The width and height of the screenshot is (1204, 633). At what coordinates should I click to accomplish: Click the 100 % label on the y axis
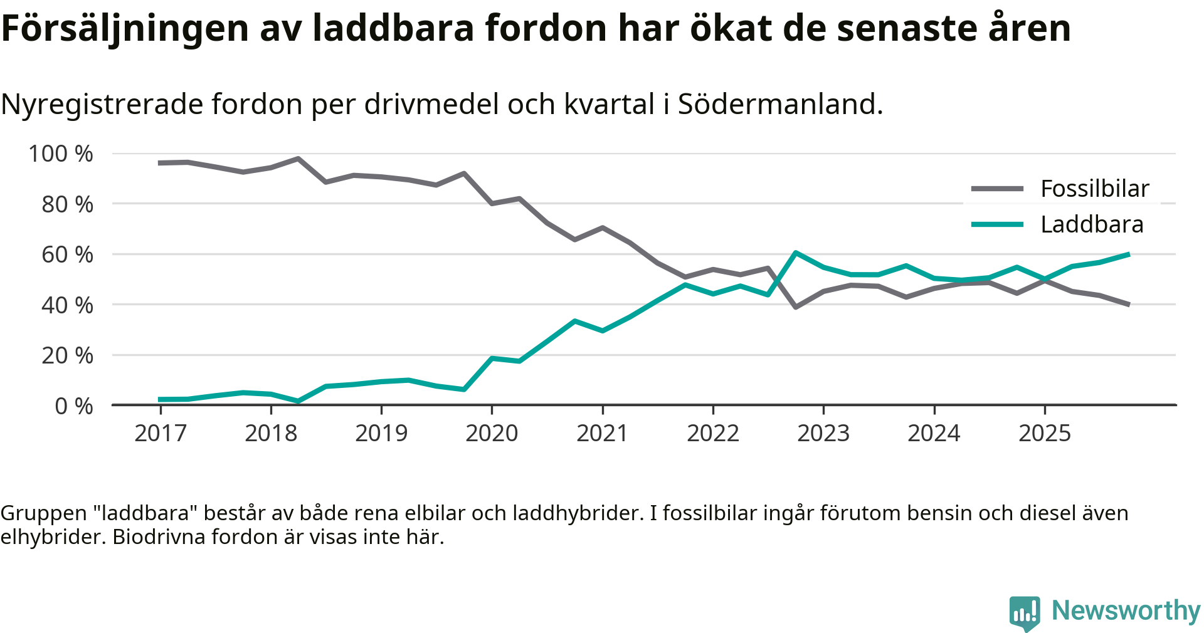61,154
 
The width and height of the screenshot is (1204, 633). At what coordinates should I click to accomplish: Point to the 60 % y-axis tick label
67,255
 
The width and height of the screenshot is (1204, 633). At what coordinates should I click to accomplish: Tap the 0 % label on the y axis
74,407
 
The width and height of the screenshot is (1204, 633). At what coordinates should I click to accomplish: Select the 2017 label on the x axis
161,433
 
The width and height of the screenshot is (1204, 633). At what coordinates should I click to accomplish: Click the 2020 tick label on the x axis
492,433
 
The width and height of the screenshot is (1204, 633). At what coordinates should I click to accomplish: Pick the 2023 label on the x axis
823,433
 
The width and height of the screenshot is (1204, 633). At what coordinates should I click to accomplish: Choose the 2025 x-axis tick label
1045,433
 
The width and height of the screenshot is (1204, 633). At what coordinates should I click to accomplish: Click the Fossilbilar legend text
1095,189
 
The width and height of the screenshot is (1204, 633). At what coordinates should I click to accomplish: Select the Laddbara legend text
1092,224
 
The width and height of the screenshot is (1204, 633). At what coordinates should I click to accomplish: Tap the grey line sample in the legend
997,189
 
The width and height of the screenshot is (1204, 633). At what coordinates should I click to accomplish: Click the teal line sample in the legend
997,224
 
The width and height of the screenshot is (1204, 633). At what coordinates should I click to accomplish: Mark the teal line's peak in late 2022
795,253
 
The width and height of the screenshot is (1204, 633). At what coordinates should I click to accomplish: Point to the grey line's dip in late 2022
795,307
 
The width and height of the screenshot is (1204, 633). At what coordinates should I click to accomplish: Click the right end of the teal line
1128,254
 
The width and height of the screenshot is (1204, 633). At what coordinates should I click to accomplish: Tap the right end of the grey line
1128,305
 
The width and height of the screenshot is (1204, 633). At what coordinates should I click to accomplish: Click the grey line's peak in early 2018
298,159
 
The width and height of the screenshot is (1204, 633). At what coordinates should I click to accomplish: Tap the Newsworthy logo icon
1025,612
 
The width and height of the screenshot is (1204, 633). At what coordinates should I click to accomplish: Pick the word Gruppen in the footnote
43,513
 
